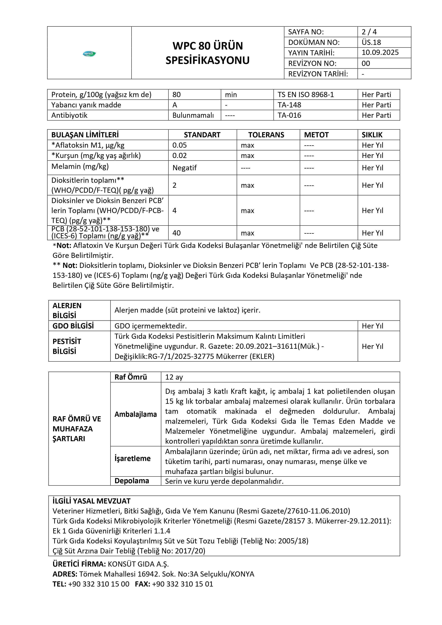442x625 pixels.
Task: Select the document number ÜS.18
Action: [x=371, y=42]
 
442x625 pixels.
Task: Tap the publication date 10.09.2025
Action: [x=380, y=53]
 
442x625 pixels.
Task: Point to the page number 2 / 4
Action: [x=369, y=32]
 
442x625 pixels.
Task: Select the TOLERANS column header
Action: [x=266, y=135]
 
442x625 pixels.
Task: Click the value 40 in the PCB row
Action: [x=177, y=233]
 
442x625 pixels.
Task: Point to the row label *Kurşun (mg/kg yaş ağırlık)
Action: [x=96, y=155]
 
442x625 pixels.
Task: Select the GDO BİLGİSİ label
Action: [x=73, y=326]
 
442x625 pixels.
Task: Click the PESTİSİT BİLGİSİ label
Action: [x=67, y=346]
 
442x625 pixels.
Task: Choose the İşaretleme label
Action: [x=132, y=458]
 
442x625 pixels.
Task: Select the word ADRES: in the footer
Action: [x=65, y=574]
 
